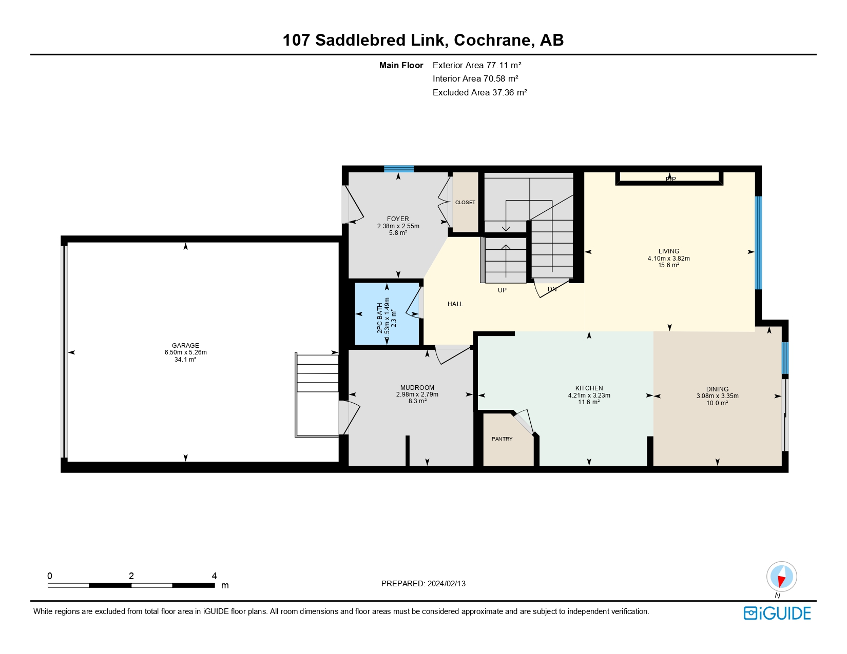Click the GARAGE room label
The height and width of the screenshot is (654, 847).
pos(185,346)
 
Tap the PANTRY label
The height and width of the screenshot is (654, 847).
pos(502,439)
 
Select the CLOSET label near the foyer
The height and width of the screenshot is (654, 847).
pos(465,203)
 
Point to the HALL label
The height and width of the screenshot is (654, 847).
pos(455,304)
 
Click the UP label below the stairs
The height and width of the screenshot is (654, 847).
pos(502,290)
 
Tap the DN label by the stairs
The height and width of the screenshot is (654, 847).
pos(552,289)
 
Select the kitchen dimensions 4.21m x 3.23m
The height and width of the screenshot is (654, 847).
pos(589,395)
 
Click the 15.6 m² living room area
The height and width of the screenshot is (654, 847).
pos(668,265)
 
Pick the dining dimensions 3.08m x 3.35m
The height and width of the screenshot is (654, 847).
pos(717,396)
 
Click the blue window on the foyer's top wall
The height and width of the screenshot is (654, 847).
pos(399,169)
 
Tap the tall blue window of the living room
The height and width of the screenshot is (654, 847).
pos(758,243)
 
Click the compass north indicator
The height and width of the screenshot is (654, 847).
pos(781,577)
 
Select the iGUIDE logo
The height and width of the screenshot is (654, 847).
pos(777,613)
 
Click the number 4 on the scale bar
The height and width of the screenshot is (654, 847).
pos(215,576)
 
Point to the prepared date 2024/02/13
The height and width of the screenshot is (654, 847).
pos(447,584)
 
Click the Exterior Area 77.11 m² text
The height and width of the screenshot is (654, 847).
pos(477,65)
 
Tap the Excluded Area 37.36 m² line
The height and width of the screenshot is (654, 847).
pos(479,92)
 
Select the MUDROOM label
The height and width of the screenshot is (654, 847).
pos(417,388)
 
